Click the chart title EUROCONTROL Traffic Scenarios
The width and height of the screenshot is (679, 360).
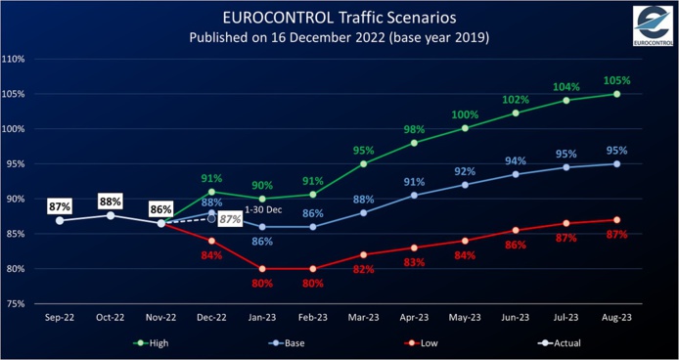pyautogui.click(x=339, y=17)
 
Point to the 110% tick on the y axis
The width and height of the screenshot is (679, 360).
pyautogui.click(x=13, y=59)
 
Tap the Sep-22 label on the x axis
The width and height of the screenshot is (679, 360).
pyautogui.click(x=60, y=319)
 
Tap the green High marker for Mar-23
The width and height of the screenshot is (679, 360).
pyautogui.click(x=364, y=163)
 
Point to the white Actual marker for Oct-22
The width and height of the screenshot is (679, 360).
pyautogui.click(x=111, y=215)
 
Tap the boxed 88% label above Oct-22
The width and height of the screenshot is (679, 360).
pyautogui.click(x=111, y=202)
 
